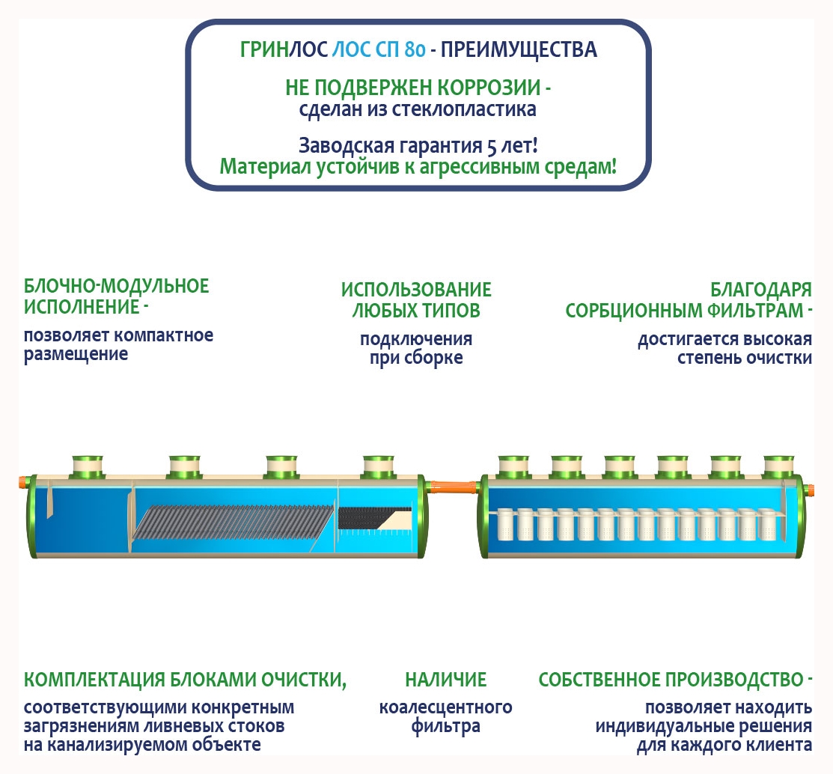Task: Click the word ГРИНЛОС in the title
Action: tap(284, 50)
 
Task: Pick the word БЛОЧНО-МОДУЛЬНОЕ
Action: tap(117, 286)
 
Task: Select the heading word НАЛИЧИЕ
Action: tap(445, 680)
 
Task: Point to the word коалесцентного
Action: tap(445, 707)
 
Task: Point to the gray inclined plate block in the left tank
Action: tap(232, 523)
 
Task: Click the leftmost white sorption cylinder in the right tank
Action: tap(507, 524)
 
